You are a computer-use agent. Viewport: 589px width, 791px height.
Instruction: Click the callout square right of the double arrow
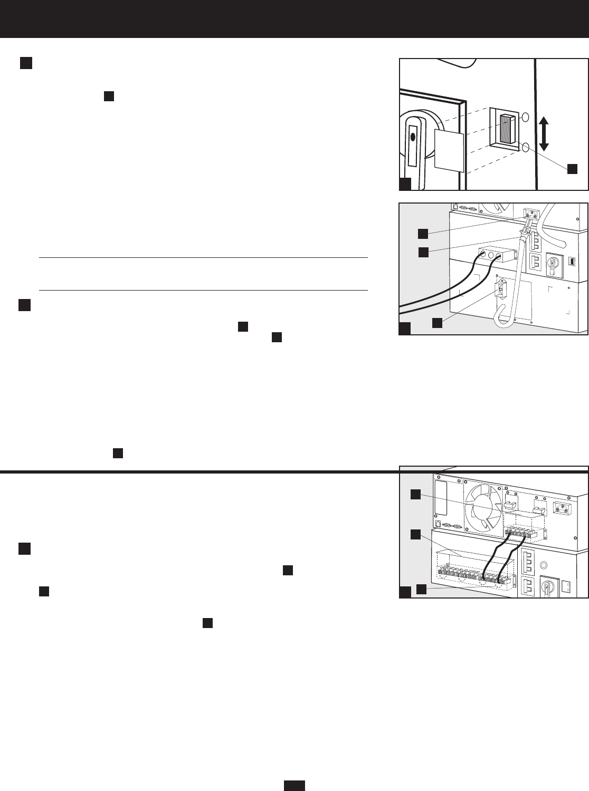click(572, 168)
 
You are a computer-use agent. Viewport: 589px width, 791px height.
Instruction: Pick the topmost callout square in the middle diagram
click(423, 233)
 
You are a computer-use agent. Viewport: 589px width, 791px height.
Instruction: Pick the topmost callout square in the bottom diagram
click(416, 494)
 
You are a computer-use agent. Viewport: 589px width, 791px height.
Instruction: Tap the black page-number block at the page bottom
click(294, 786)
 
